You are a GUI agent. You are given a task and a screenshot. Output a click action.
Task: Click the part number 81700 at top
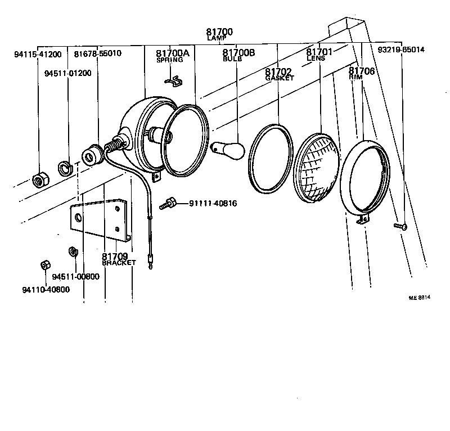pos(219,32)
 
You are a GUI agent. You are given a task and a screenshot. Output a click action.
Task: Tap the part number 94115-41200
pos(38,54)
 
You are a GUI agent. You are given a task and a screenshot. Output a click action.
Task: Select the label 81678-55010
pos(97,53)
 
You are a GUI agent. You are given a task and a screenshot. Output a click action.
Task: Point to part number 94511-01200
pos(69,73)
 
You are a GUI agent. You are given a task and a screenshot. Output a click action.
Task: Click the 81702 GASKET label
pos(278,74)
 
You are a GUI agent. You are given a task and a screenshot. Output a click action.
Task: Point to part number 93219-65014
pos(401,50)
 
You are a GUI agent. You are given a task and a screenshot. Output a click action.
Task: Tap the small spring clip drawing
pos(174,82)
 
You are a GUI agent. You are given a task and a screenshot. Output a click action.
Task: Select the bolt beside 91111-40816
pos(168,204)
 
